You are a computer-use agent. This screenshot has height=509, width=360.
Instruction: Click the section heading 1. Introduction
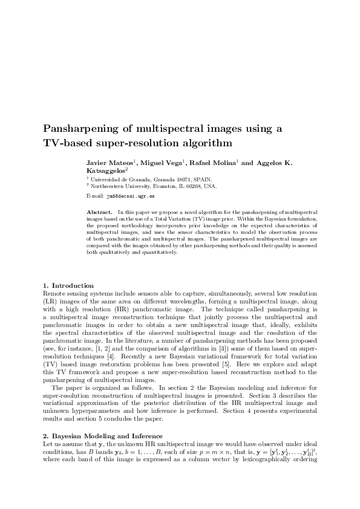(x=68, y=285)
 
